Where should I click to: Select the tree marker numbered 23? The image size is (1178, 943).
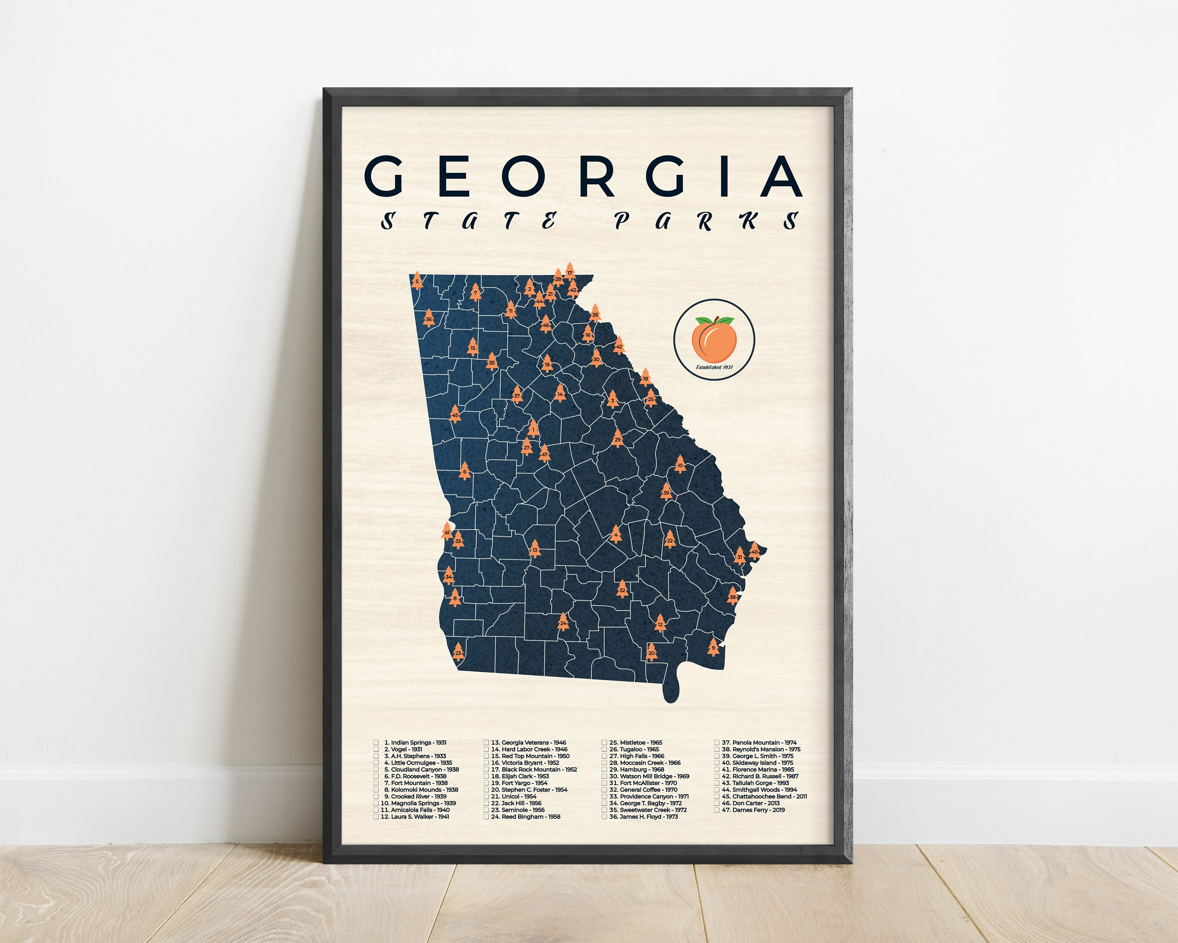(x=458, y=652)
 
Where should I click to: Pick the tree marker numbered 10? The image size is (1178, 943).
(x=680, y=465)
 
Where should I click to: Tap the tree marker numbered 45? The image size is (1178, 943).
(x=455, y=415)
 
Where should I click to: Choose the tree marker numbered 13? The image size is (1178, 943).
(x=534, y=549)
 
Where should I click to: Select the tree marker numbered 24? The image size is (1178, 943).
(x=563, y=622)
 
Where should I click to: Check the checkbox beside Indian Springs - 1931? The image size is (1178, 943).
(x=376, y=742)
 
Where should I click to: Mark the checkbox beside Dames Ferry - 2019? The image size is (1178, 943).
(x=717, y=810)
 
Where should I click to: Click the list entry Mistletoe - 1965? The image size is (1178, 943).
(x=635, y=742)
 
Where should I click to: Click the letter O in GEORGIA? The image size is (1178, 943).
(x=523, y=176)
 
